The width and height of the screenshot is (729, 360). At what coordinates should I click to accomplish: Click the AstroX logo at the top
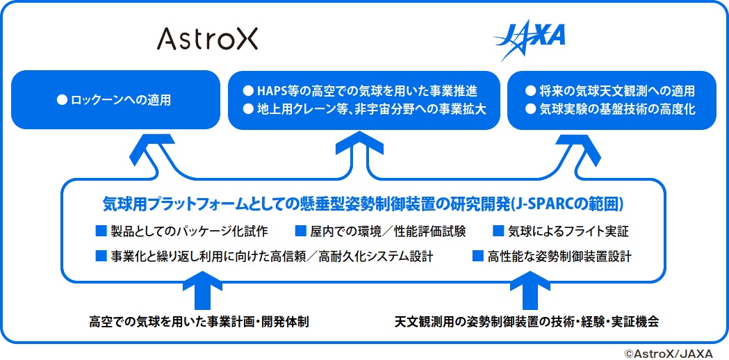207,38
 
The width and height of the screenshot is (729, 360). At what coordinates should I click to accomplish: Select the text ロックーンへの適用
120,101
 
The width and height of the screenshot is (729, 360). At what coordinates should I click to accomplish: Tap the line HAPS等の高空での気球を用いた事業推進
369,91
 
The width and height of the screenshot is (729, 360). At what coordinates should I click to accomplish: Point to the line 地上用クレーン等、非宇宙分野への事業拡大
369,109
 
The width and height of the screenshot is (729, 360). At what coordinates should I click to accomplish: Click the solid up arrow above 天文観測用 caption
525,292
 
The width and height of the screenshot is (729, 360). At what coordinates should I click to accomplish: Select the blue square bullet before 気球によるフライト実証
498,230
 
